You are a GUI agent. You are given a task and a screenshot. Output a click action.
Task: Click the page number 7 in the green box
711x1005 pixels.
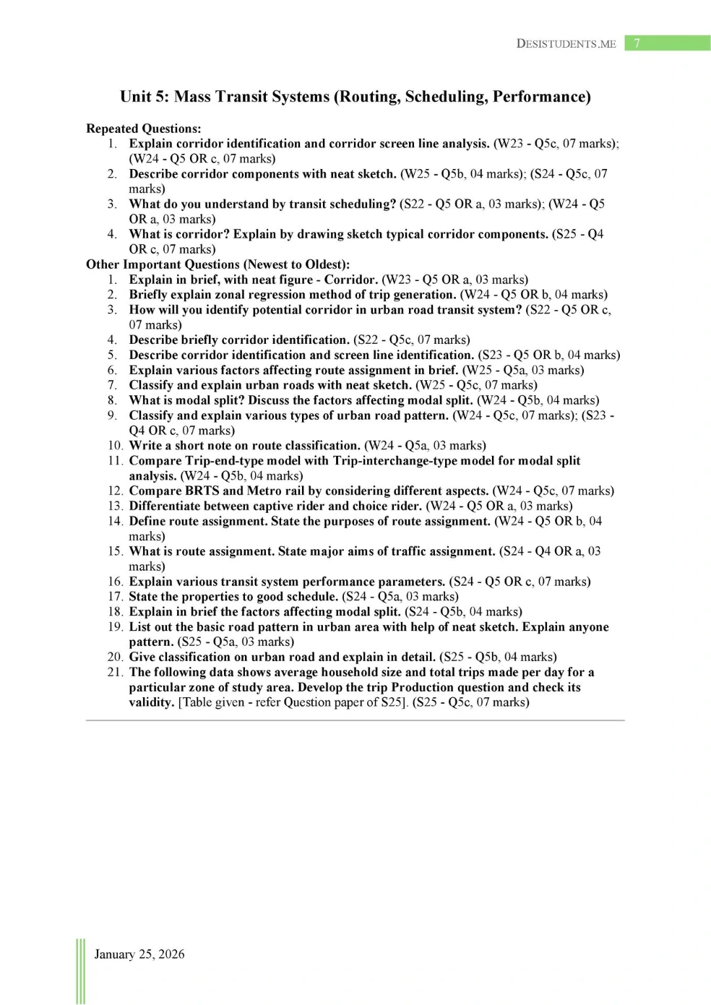(x=637, y=43)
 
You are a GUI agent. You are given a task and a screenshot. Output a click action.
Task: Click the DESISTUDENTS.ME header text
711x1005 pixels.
(x=566, y=44)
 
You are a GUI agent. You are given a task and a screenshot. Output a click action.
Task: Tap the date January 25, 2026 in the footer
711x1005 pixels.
(x=139, y=954)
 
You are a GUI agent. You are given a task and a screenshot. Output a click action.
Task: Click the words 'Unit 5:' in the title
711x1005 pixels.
(x=145, y=97)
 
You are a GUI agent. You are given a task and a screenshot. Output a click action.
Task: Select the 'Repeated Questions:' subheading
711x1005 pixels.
(x=144, y=129)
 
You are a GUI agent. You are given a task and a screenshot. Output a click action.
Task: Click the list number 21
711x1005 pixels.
(x=115, y=672)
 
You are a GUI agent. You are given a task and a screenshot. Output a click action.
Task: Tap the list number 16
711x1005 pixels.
(x=115, y=582)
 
